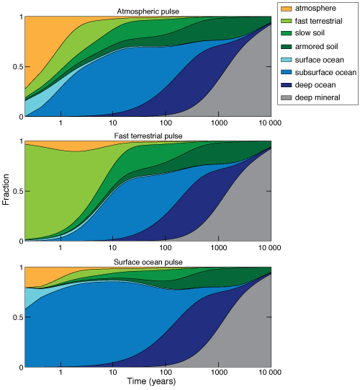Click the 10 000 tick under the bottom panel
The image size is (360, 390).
[270, 373]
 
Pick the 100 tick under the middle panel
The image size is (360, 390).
[166, 247]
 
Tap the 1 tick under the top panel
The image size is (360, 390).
[61, 122]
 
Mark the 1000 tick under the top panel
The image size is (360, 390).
[218, 122]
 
